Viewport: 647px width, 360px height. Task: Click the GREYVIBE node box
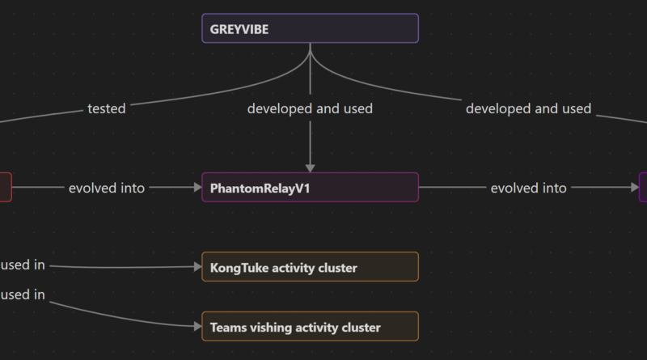(x=310, y=28)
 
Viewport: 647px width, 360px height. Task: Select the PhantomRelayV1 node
(x=310, y=187)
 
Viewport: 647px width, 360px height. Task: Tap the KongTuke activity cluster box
(x=310, y=267)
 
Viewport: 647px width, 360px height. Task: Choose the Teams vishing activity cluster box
(x=310, y=326)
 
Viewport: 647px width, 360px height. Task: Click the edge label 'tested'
(x=107, y=108)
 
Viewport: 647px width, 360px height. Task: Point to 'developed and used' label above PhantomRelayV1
(x=310, y=108)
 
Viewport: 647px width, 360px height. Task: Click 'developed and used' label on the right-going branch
(x=529, y=108)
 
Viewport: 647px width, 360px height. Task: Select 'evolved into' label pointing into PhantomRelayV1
(x=107, y=188)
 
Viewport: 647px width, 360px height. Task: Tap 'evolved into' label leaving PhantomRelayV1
(x=529, y=188)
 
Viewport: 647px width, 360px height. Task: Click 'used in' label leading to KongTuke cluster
(x=23, y=265)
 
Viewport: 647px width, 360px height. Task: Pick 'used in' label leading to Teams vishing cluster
(x=23, y=294)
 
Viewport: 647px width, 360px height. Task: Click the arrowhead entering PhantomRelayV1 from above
(x=311, y=168)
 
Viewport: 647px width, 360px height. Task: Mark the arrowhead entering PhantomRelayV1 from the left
(x=197, y=188)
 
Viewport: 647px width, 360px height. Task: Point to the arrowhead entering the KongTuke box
(x=197, y=267)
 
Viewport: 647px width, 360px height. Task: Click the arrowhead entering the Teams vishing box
(x=197, y=327)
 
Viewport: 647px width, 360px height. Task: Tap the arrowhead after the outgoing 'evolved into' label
(x=635, y=188)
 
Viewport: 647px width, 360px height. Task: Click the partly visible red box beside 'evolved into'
(x=6, y=187)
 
